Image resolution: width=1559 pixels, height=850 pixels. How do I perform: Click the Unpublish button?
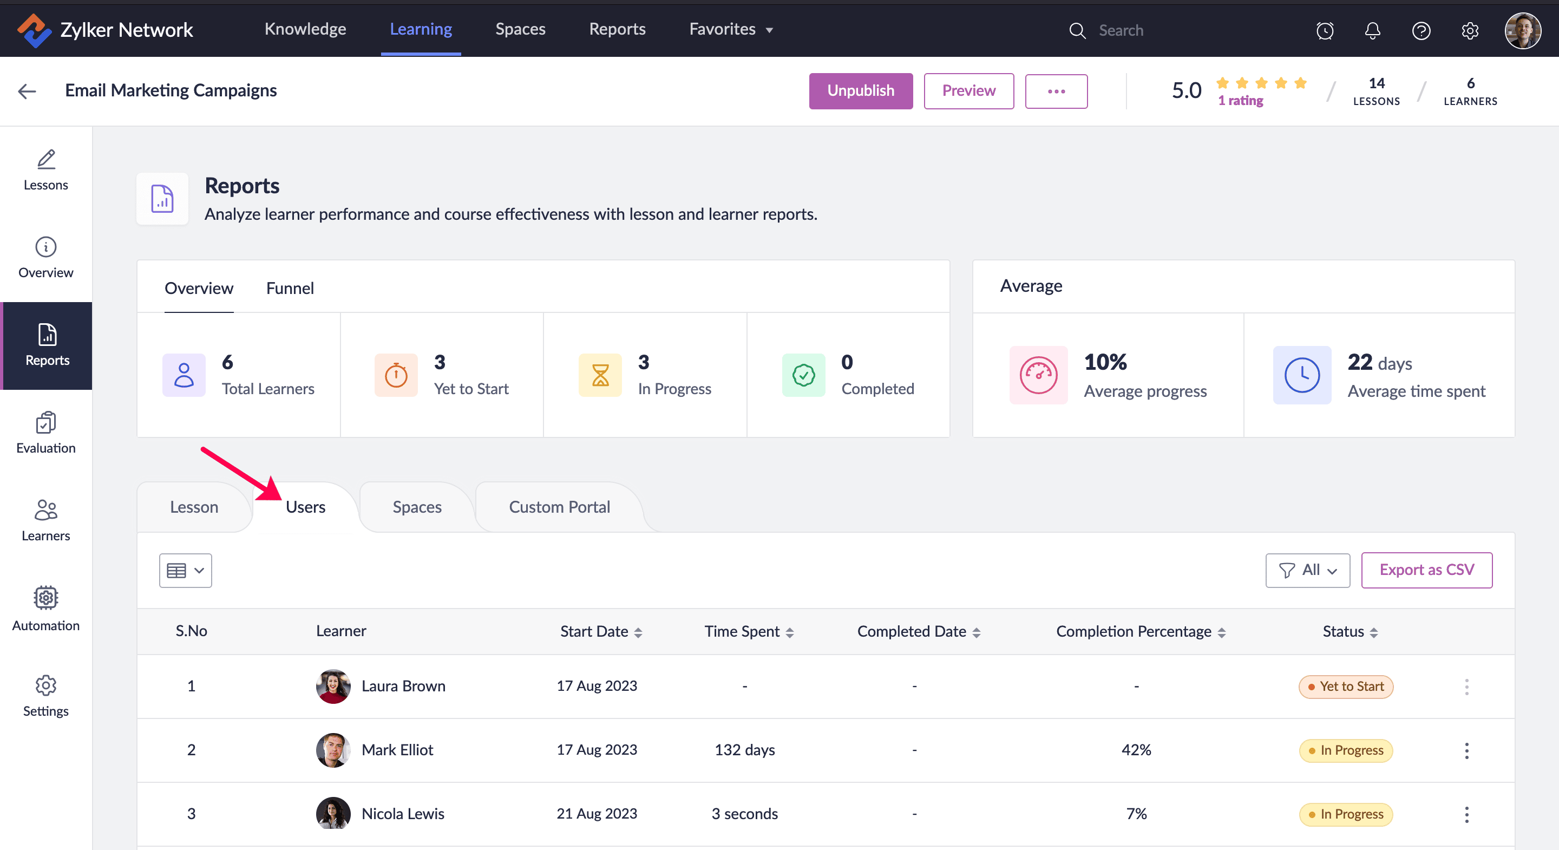(860, 91)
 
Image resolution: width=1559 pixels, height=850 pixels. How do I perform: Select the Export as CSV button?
(1426, 570)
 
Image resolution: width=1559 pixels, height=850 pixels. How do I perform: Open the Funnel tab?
(290, 288)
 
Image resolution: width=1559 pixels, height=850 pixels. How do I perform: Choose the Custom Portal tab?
(559, 507)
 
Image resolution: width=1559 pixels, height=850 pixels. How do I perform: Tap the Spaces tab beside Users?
(416, 507)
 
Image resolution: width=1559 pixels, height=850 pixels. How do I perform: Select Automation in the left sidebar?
(46, 609)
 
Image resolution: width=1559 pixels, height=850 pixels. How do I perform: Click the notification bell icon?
(1372, 30)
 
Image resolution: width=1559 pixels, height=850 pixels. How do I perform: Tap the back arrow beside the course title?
(27, 91)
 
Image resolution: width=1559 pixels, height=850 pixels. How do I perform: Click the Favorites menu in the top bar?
(730, 29)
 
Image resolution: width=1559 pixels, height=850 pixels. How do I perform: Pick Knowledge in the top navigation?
(305, 29)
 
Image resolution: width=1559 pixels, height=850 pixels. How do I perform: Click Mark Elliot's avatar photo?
(333, 749)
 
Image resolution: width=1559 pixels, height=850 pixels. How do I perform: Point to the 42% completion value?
(1136, 749)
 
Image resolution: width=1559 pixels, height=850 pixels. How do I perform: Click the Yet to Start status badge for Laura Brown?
(1345, 686)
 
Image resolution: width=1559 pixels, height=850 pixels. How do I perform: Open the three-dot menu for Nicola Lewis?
(1466, 814)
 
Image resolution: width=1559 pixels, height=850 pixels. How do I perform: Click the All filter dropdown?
(1307, 570)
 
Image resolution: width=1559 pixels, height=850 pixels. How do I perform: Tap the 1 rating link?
(1240, 101)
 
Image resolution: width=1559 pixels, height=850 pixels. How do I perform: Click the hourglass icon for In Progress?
(600, 375)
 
